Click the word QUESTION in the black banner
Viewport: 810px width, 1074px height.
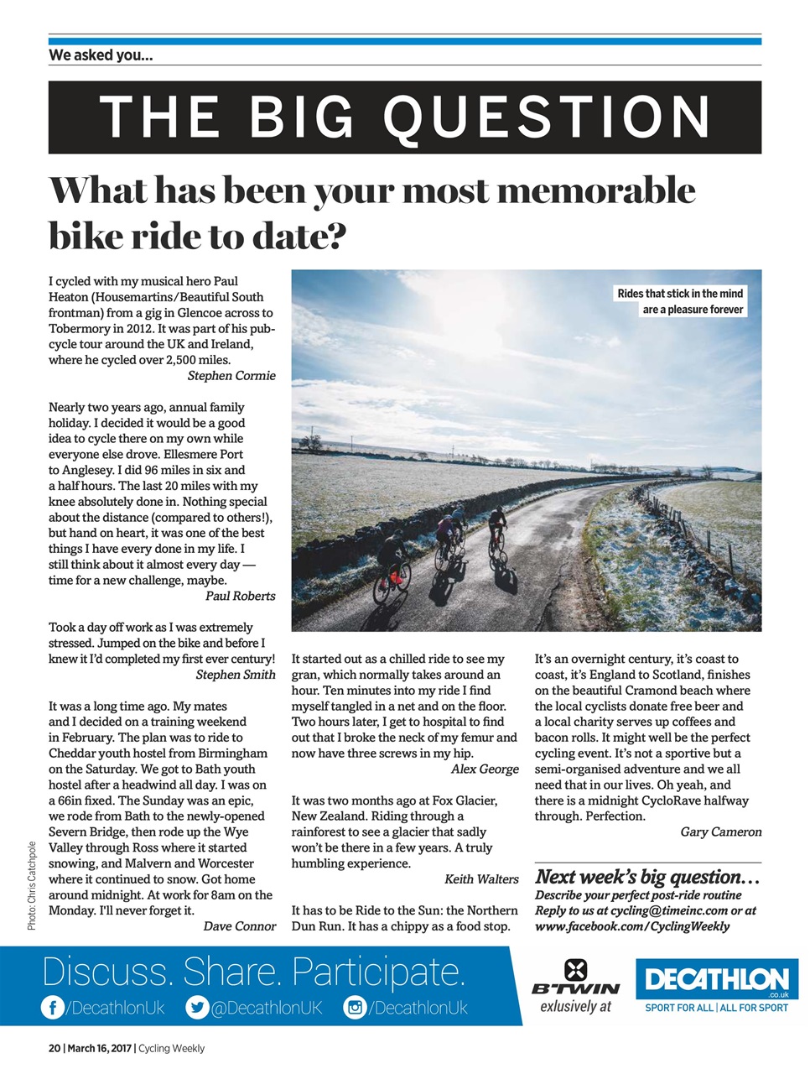click(548, 117)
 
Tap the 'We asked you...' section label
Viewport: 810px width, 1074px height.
click(101, 55)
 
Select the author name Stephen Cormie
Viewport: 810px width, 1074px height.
click(231, 376)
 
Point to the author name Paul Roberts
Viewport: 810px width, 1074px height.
click(241, 597)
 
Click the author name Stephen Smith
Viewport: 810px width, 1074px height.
click(236, 675)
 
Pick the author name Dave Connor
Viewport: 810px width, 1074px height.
click(239, 926)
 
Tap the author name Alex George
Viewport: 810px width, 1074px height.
click(485, 769)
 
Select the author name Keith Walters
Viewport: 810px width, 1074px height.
click(481, 879)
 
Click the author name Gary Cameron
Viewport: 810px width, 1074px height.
click(721, 832)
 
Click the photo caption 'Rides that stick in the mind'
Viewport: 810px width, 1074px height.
click(680, 294)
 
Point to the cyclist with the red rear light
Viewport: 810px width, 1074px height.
click(392, 571)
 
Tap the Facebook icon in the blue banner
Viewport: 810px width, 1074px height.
click(52, 1008)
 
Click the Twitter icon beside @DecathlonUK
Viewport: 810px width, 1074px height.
click(197, 1008)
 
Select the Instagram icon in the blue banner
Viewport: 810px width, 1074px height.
click(355, 1008)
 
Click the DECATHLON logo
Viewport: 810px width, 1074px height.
click(717, 980)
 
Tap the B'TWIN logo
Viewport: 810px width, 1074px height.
click(575, 979)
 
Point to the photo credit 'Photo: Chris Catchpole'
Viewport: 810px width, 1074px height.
click(32, 885)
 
